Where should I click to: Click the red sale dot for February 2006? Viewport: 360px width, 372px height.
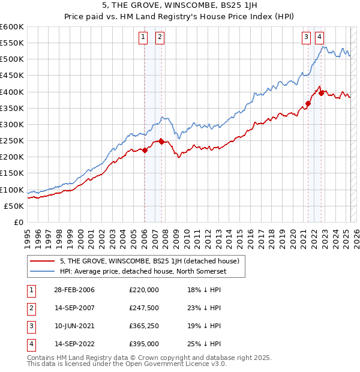tap(145, 151)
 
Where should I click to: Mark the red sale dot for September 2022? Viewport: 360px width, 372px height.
tap(322, 93)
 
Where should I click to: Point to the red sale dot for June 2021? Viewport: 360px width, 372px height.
tap(308, 103)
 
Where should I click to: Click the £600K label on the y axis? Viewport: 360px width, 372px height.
tap(12, 27)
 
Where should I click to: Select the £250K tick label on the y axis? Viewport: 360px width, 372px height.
tap(12, 140)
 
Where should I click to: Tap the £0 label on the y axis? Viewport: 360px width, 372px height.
tap(18, 222)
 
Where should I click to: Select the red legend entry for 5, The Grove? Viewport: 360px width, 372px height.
tap(149, 261)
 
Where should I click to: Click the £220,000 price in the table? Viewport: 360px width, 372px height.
tap(144, 290)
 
